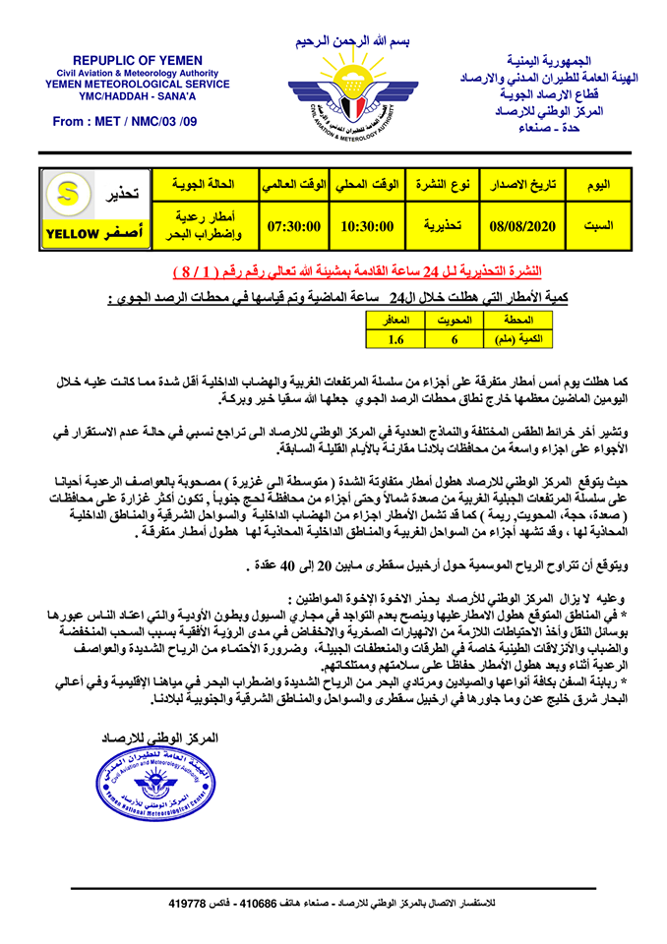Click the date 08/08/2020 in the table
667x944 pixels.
click(x=522, y=226)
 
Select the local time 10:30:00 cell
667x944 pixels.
click(x=367, y=226)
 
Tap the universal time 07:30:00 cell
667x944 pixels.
click(x=295, y=226)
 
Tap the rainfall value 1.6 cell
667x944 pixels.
click(x=395, y=339)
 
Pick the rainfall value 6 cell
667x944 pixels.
click(x=455, y=339)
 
